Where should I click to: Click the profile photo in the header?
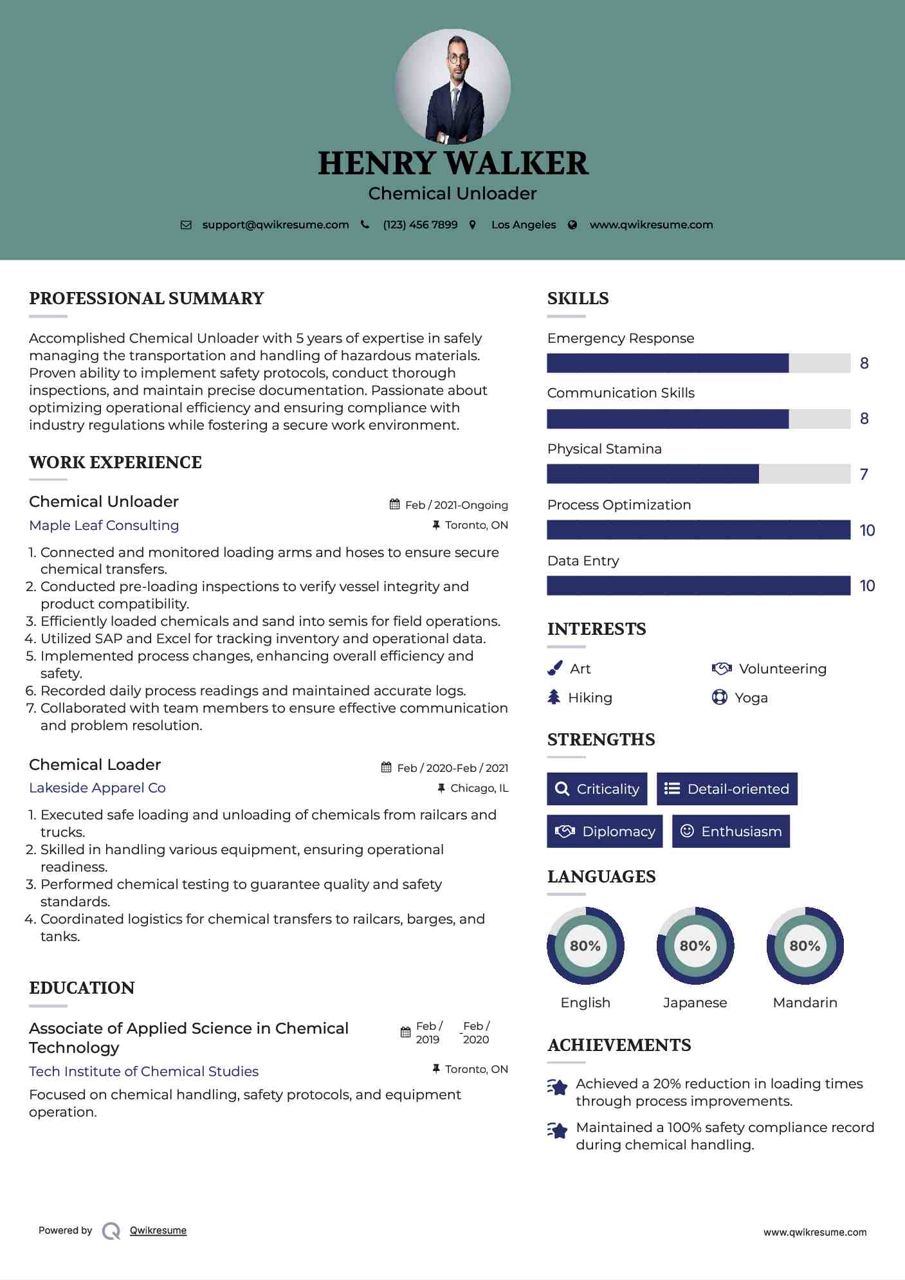[452, 86]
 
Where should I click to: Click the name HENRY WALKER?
[452, 163]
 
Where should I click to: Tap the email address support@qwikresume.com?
[275, 224]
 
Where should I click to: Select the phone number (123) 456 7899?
[420, 224]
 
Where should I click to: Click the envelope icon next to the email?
[186, 225]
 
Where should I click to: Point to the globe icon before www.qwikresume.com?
[572, 225]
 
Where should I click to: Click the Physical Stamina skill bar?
[698, 474]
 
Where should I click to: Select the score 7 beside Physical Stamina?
[864, 475]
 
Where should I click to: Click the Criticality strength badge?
[597, 789]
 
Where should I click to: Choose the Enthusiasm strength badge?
[731, 831]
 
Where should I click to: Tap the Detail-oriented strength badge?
[727, 789]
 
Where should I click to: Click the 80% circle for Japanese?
[695, 946]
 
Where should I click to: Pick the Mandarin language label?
[805, 1002]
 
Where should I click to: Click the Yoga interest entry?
[751, 698]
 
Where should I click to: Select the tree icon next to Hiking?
[554, 697]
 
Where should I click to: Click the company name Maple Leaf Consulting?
[104, 526]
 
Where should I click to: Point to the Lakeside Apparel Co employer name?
[97, 788]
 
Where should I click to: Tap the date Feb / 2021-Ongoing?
[456, 505]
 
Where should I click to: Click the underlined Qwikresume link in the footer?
[158, 1230]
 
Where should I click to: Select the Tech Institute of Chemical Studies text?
[143, 1071]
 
